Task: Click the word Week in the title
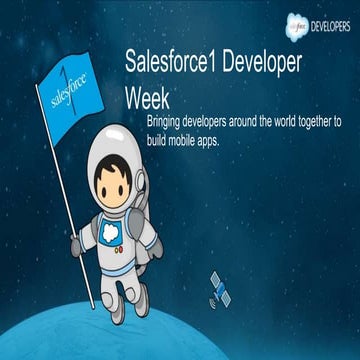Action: tap(144, 98)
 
